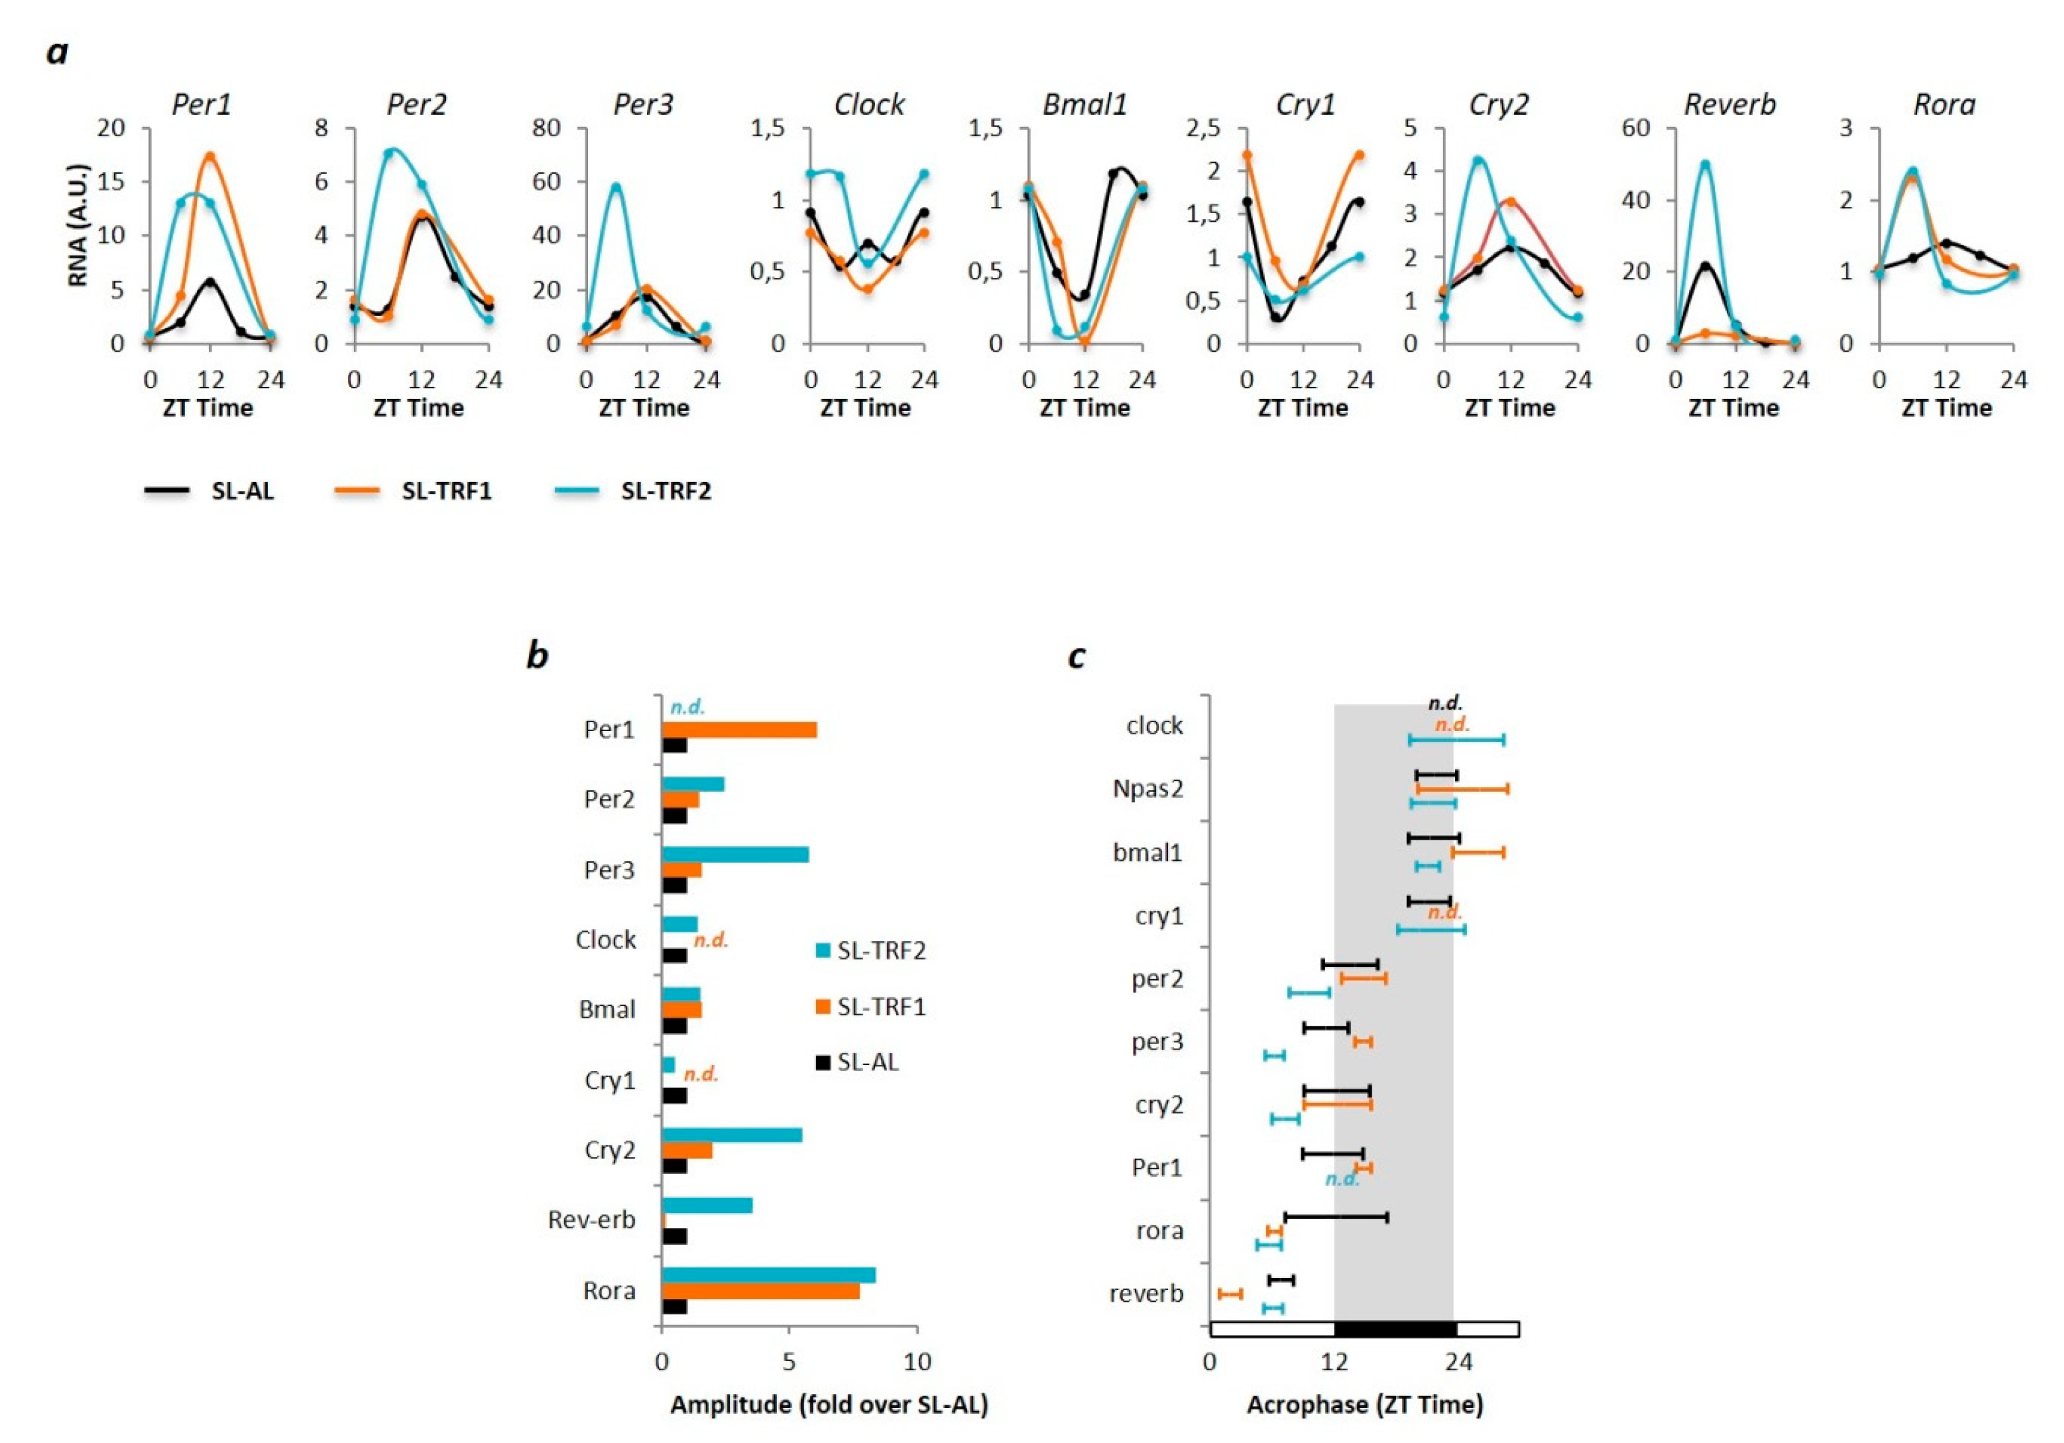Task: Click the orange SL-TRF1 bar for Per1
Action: [x=739, y=730]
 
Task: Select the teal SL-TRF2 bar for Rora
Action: [x=769, y=1275]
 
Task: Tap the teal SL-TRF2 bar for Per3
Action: [x=734, y=855]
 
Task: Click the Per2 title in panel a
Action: [x=416, y=105]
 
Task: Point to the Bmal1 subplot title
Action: [x=1084, y=105]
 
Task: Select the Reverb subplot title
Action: [x=1730, y=105]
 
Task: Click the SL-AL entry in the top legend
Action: [x=242, y=491]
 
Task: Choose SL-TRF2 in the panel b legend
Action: [x=881, y=951]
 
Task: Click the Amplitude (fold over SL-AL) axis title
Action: [x=829, y=1404]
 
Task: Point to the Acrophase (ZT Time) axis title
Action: [x=1364, y=1404]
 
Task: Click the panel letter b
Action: [x=537, y=655]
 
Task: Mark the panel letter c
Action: [x=1076, y=657]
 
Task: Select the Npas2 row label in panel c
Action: [x=1147, y=789]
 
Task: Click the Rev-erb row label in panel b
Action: [x=591, y=1219]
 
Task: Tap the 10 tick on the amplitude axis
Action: [x=917, y=1361]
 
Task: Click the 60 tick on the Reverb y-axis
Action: [x=1636, y=128]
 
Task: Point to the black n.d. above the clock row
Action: [x=1445, y=703]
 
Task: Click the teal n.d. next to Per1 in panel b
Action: [x=688, y=707]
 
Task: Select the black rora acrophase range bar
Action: [x=1336, y=1217]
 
